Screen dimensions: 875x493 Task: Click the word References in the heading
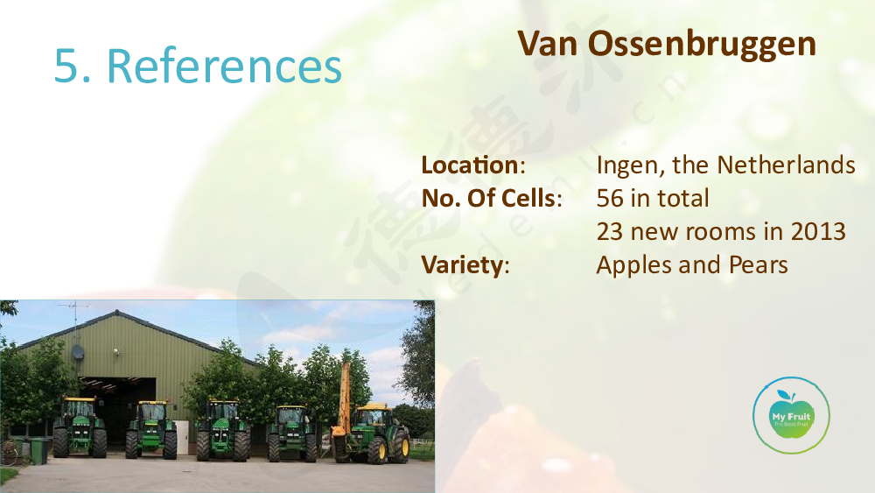point(224,66)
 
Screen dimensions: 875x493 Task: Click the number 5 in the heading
point(65,66)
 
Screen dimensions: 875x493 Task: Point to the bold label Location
point(471,165)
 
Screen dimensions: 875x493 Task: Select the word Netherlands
point(786,165)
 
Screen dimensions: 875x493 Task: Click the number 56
point(610,198)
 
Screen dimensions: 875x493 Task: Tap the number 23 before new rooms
point(609,232)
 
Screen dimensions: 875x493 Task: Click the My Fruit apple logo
point(791,415)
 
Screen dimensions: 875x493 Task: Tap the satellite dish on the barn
point(78,352)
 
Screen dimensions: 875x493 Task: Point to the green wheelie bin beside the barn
point(38,451)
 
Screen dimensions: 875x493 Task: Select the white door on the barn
point(181,438)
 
